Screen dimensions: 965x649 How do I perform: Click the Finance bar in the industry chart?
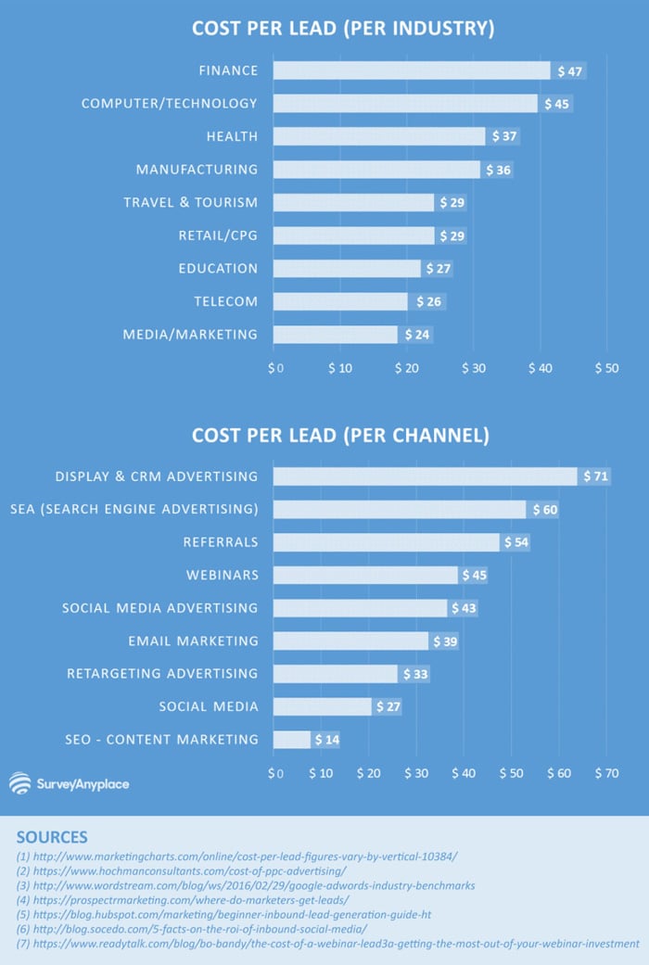coord(412,70)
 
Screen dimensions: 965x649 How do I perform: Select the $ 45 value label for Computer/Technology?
coord(557,104)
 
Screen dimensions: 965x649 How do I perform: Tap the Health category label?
coord(232,136)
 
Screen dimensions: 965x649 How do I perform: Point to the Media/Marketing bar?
coord(336,335)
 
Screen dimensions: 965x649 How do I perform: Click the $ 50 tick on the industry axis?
coord(605,368)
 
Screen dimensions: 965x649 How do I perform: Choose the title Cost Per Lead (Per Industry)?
coord(343,29)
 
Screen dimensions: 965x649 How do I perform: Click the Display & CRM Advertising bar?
coord(425,476)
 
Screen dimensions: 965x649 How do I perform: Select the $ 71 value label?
coord(595,476)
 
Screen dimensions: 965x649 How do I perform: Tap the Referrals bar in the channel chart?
coord(386,542)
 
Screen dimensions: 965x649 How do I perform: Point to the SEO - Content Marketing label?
coord(161,740)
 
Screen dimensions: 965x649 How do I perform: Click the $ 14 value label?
coord(327,740)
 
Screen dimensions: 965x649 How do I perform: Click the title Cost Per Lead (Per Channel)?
coord(340,435)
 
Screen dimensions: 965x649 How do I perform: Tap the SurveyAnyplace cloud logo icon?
coord(19,784)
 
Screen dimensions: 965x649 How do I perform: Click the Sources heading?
coord(52,837)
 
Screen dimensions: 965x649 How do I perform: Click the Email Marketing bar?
coord(350,641)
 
